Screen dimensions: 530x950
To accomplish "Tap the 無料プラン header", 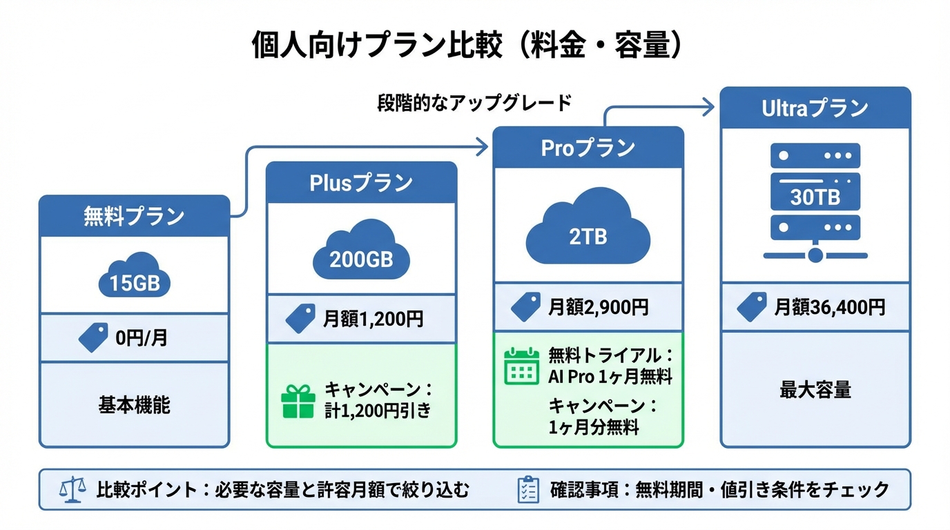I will [134, 216].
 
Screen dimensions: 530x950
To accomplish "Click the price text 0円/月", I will [141, 338].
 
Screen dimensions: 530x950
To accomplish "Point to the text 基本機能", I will [134, 405].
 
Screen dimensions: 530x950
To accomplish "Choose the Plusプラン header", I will [361, 183].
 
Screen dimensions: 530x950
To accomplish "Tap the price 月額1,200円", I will [374, 319].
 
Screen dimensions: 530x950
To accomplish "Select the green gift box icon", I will [298, 401].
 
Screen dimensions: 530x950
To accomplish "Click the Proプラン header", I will [588, 148].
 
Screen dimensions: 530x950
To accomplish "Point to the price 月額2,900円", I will [599, 307].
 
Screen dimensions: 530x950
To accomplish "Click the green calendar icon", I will [521, 366].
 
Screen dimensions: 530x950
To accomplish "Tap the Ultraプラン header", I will [815, 108].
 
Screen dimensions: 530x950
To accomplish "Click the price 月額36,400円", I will [829, 307].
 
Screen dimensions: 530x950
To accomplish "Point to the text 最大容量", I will [815, 390].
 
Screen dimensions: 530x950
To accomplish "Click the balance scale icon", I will [72, 490].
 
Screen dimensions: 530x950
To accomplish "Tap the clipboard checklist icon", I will [528, 490].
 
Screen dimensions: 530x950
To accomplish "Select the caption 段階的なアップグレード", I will [474, 103].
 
